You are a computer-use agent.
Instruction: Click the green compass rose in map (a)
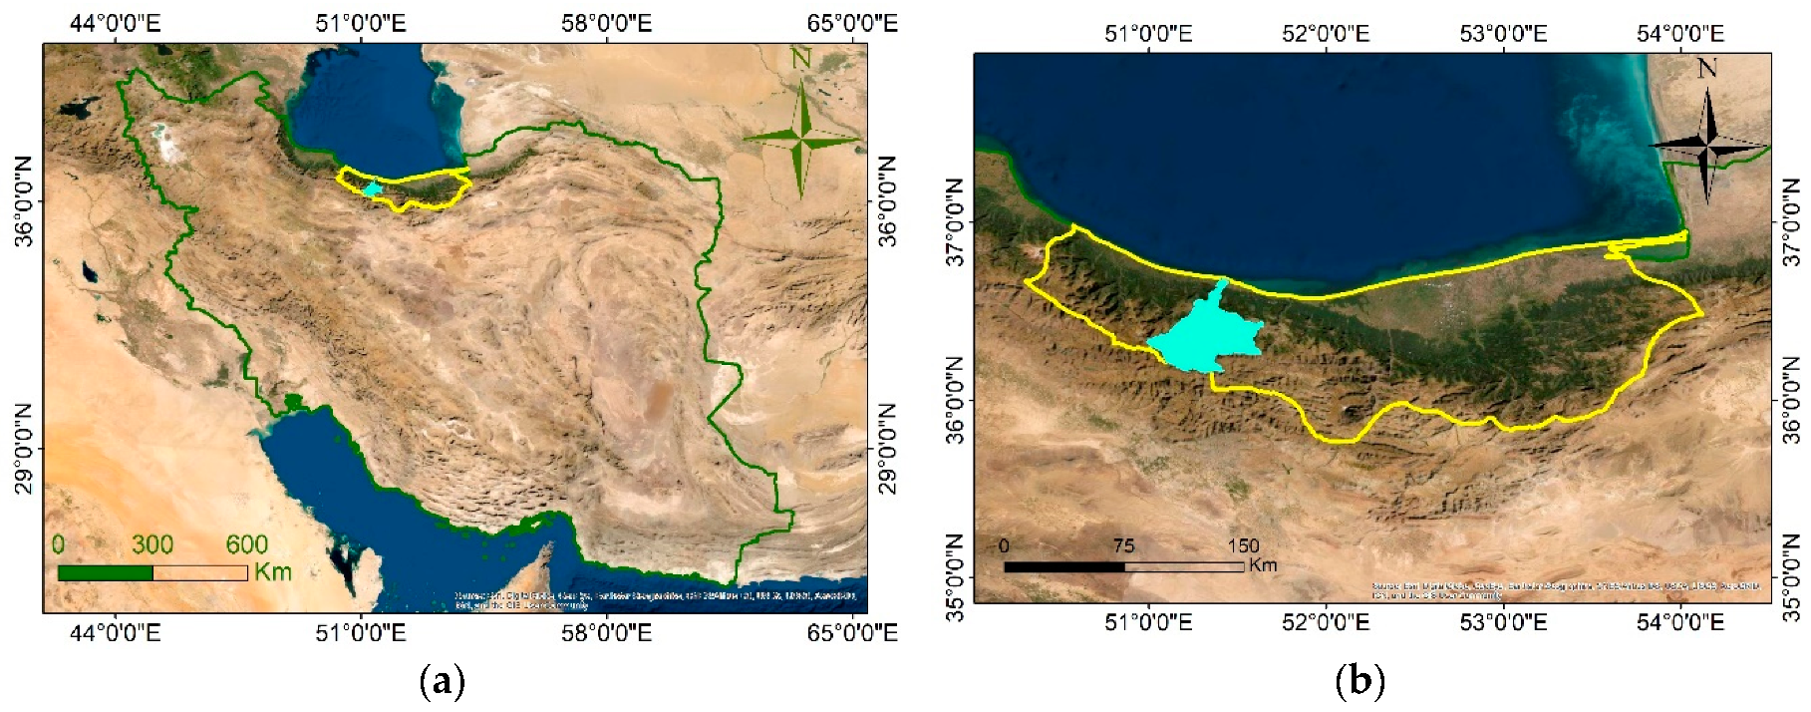(801, 140)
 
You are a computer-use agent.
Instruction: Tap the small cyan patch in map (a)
(373, 188)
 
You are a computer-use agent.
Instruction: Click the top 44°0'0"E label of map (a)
(115, 23)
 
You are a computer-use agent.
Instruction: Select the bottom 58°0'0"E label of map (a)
(606, 633)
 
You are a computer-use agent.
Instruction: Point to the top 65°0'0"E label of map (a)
(852, 23)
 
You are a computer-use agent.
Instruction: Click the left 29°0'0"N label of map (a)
(22, 449)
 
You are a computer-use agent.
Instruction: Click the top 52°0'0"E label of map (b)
(1326, 34)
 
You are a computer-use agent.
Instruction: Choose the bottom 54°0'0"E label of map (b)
(1680, 622)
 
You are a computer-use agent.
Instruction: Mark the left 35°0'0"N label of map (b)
(954, 578)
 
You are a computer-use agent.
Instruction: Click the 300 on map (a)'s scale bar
(152, 544)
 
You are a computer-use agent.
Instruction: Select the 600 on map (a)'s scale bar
(246, 544)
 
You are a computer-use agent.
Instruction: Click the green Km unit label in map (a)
(272, 571)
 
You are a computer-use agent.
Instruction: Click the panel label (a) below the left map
(443, 682)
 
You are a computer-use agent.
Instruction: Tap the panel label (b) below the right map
(1360, 682)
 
